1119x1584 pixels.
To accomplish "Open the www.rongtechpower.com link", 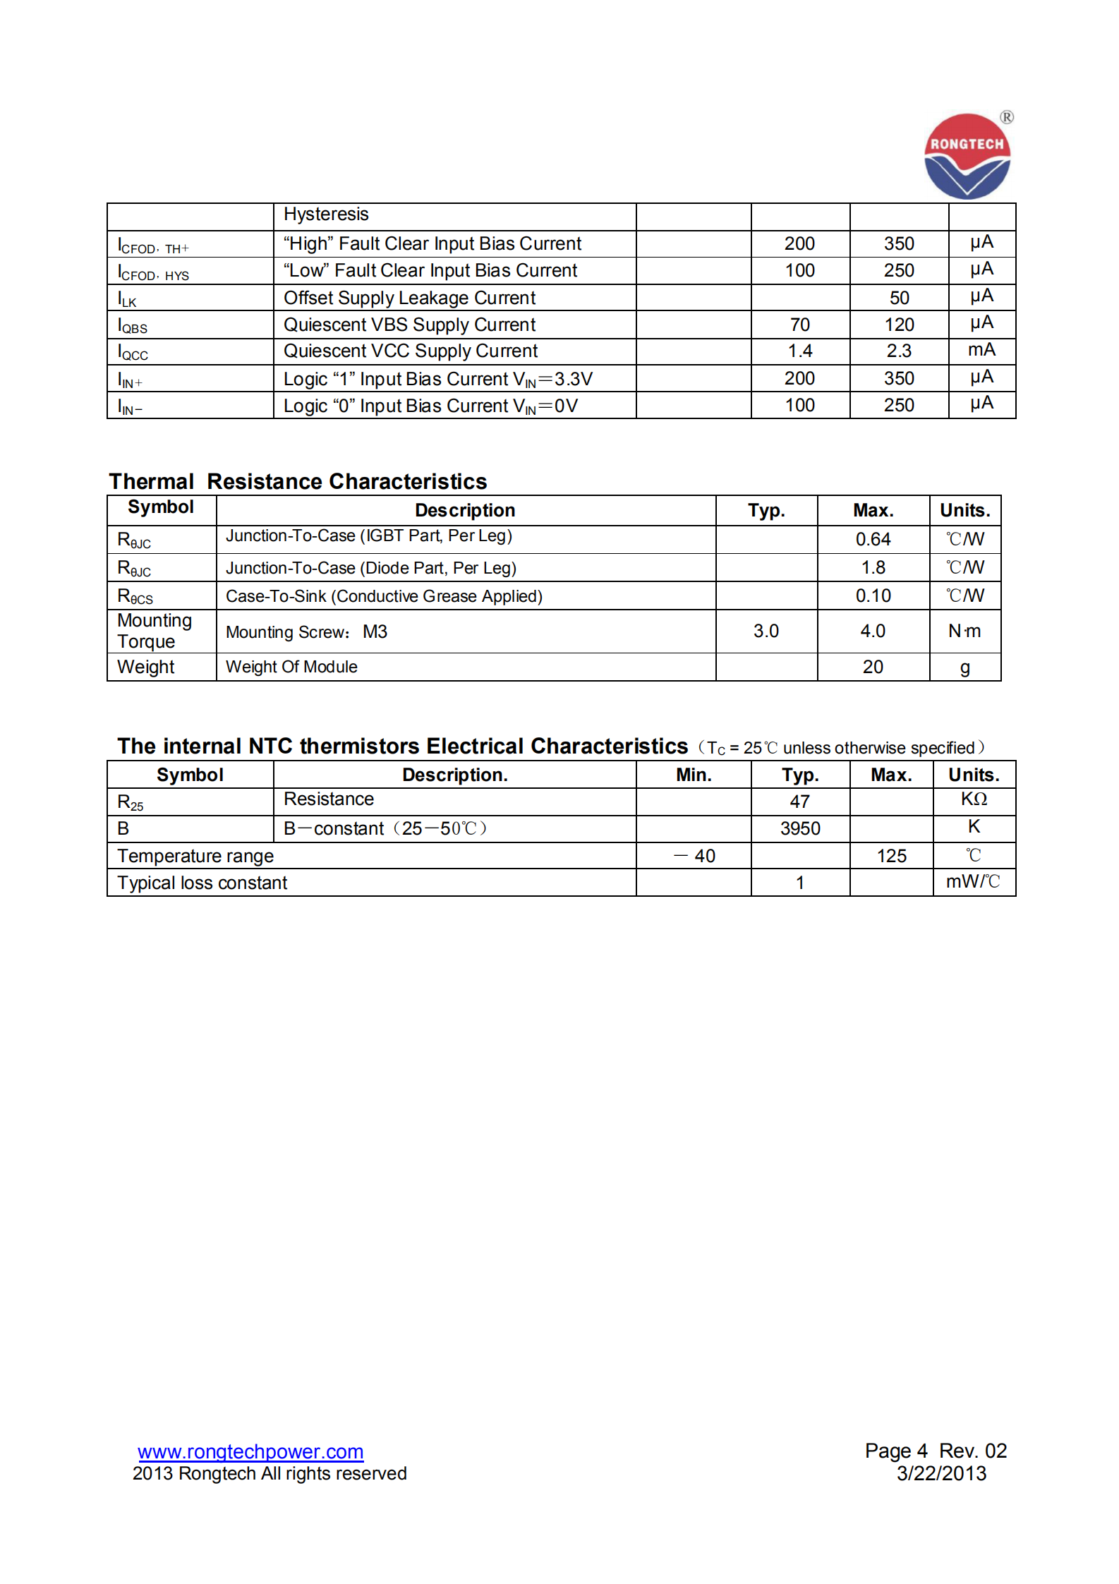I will [250, 1451].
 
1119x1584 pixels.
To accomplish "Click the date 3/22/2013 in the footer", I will [941, 1473].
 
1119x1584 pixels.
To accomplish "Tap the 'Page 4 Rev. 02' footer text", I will [936, 1451].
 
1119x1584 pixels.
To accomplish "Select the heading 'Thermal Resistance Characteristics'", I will [298, 481].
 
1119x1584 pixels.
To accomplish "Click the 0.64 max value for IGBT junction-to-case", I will [873, 539].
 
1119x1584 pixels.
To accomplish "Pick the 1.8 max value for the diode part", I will [873, 567].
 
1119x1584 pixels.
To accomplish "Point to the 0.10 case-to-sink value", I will [873, 595].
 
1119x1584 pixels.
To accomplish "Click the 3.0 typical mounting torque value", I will [766, 631].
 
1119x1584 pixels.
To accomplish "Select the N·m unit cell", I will [964, 631].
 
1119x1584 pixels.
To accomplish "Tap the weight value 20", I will [873, 667].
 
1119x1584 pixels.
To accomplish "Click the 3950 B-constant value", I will [800, 828].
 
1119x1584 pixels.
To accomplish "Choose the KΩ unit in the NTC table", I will [974, 799].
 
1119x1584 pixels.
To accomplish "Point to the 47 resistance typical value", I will [799, 802].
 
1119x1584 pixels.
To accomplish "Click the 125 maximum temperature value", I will [891, 856].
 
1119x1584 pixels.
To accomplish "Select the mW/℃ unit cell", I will [973, 882].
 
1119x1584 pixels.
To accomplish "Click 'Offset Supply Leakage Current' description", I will [409, 298].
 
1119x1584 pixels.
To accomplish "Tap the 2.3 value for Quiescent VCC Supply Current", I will [899, 351].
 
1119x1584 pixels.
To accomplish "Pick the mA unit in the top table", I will [981, 350].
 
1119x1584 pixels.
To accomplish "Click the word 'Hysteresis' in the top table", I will [326, 214].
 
